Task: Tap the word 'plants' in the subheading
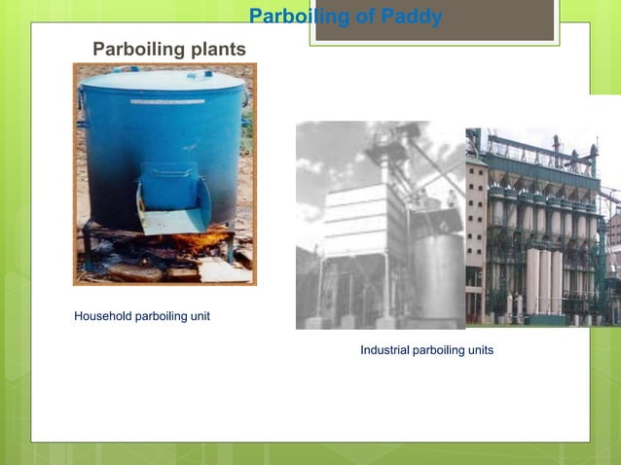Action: coord(216,49)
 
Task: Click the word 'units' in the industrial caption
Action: coord(478,350)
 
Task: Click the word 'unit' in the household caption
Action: coord(199,316)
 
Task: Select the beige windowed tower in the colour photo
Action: coord(477,233)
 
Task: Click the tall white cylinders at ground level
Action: coord(544,282)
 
